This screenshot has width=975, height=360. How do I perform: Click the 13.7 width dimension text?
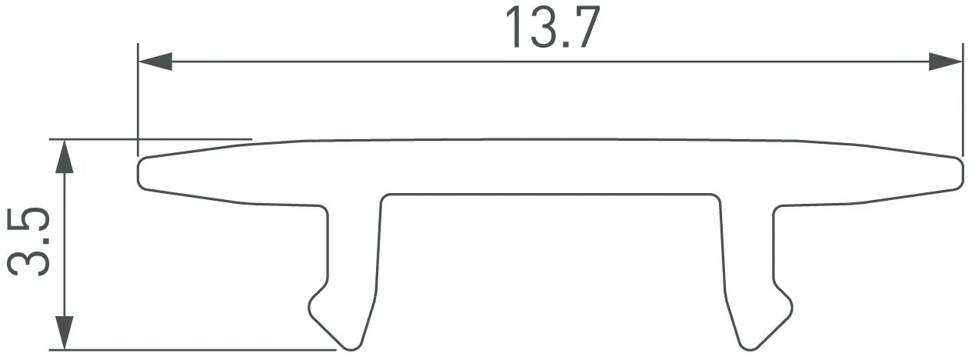coord(553,28)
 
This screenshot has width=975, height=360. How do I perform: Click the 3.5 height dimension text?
coord(28,242)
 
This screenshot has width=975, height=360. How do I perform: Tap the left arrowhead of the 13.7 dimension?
coord(155,62)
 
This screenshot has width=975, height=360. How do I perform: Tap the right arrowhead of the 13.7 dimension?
coord(945,62)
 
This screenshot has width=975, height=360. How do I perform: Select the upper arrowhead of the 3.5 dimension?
coord(65,156)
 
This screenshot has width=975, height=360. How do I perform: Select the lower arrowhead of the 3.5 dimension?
coord(65,332)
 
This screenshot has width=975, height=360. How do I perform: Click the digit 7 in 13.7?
coord(584,28)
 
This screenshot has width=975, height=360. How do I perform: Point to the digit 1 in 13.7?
coord(514,28)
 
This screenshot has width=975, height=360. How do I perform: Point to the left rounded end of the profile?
coord(140,173)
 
